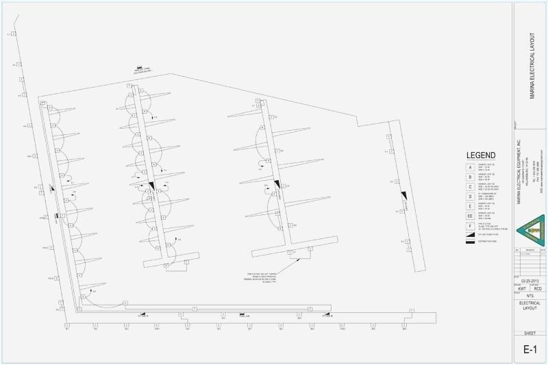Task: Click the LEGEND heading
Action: click(x=481, y=155)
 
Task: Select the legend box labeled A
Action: click(x=470, y=167)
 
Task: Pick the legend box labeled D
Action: click(x=470, y=196)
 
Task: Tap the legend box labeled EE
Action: click(x=470, y=216)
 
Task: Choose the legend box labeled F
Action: click(x=470, y=225)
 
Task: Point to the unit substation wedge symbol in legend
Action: click(x=470, y=234)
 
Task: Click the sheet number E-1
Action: click(x=530, y=350)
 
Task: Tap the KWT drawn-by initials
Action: click(x=522, y=289)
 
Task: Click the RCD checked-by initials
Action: click(x=538, y=289)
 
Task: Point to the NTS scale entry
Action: click(x=530, y=297)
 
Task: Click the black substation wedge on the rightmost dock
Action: click(x=404, y=196)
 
